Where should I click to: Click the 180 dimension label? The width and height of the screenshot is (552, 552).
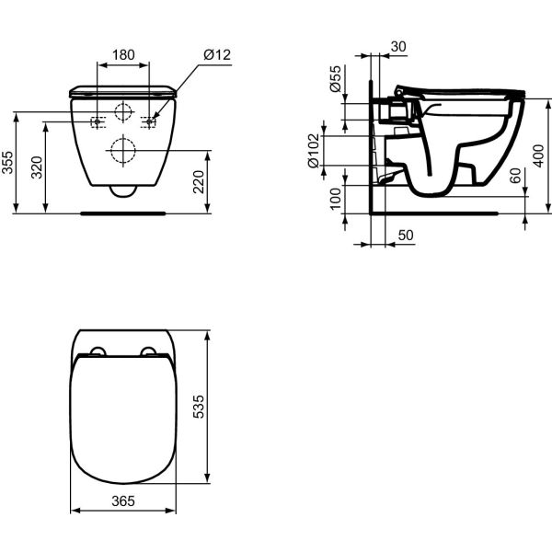click(124, 55)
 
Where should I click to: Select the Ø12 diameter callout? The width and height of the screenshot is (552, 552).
click(216, 55)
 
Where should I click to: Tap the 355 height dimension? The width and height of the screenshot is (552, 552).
click(7, 163)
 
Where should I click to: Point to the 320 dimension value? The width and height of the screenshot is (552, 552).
click(36, 167)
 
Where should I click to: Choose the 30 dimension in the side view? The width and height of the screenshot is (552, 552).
click(397, 47)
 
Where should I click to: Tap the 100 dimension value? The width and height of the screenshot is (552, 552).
click(336, 198)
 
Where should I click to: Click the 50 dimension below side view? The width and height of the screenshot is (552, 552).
click(406, 236)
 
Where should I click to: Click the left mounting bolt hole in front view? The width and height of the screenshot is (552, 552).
click(97, 122)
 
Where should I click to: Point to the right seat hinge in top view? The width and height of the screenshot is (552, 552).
click(149, 351)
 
